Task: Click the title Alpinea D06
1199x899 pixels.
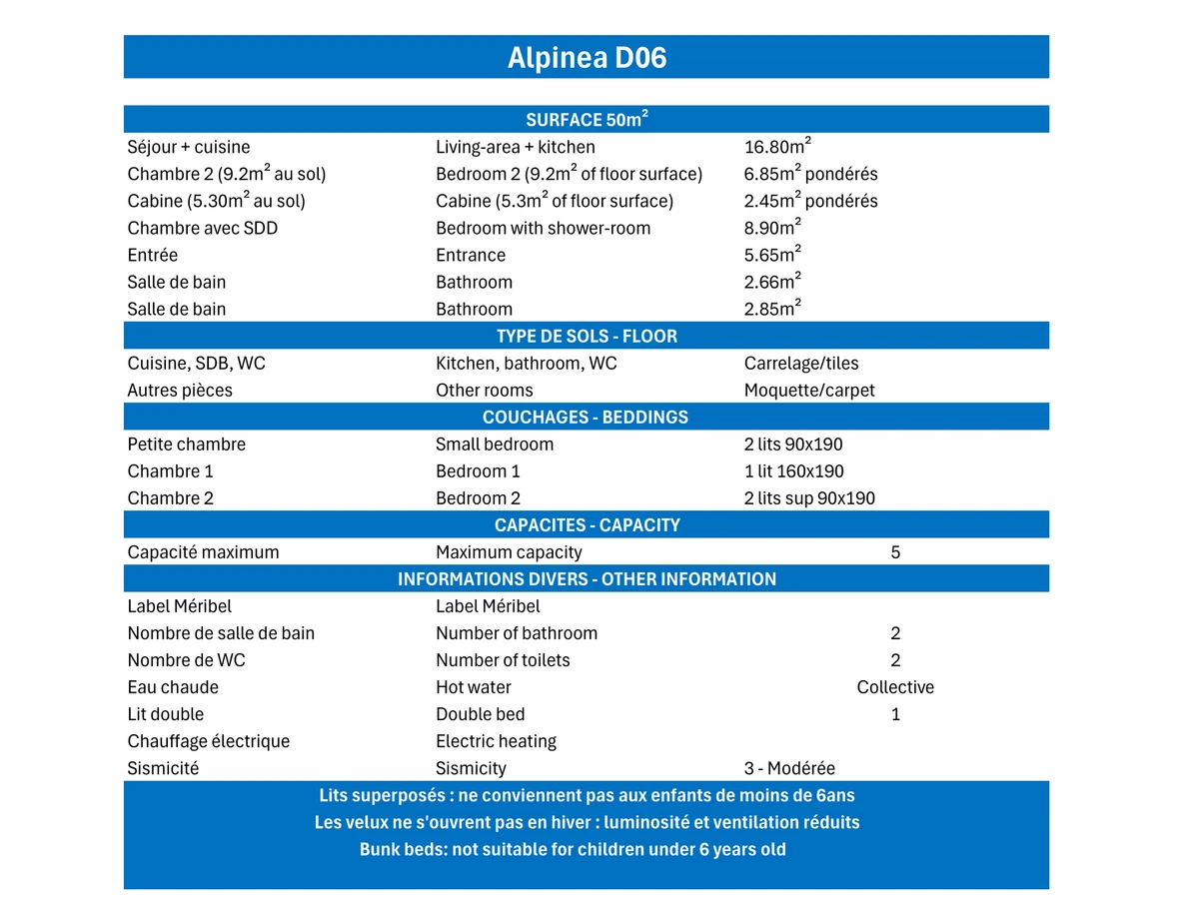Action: pyautogui.click(x=587, y=58)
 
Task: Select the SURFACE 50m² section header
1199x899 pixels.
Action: pyautogui.click(x=587, y=120)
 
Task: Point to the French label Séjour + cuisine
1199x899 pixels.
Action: pyautogui.click(x=189, y=147)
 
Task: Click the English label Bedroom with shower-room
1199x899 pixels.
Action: pyautogui.click(x=543, y=228)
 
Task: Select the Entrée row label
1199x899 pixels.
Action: pyautogui.click(x=153, y=255)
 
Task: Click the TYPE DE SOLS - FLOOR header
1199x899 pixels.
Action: pyautogui.click(x=587, y=336)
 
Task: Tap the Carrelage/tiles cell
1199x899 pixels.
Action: pyautogui.click(x=801, y=364)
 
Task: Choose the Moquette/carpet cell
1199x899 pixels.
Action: pyautogui.click(x=809, y=391)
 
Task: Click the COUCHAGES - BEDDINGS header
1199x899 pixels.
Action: pyautogui.click(x=587, y=417)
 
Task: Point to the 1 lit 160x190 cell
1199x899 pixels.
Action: pyautogui.click(x=794, y=471)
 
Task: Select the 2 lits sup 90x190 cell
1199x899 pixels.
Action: pyautogui.click(x=809, y=498)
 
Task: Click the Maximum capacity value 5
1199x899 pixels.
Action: pyautogui.click(x=895, y=552)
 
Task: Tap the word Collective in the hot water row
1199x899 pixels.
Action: pyautogui.click(x=895, y=687)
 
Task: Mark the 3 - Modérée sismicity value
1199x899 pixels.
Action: pyautogui.click(x=789, y=768)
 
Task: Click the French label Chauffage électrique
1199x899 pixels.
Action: pyautogui.click(x=209, y=741)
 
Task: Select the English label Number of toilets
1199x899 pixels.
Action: pyautogui.click(x=503, y=660)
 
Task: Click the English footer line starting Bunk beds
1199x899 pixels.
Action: pyautogui.click(x=573, y=850)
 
